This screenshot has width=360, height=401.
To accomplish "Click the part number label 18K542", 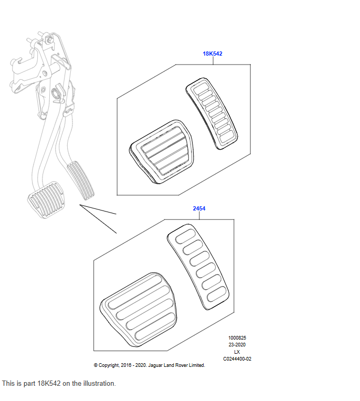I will click(213, 54).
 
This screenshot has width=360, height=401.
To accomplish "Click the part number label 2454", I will click(199, 208).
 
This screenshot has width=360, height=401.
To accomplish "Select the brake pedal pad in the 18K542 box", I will click(160, 152).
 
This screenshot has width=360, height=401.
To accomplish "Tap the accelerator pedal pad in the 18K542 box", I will click(213, 113).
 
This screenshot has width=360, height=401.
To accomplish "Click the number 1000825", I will click(237, 338).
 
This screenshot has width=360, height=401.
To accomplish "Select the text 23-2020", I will click(237, 345).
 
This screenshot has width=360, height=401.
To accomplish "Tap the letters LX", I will click(237, 352).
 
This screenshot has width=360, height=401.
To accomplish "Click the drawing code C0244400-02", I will click(237, 359).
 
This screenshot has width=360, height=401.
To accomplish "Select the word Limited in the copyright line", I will click(196, 365).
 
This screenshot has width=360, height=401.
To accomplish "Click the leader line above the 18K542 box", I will click(213, 60).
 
